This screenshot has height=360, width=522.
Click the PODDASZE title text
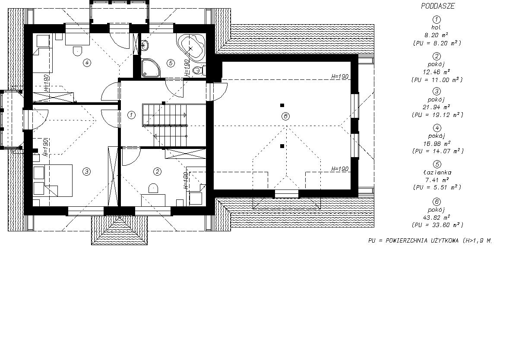tap(438, 6)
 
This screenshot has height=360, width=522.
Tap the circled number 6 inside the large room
tap(285, 116)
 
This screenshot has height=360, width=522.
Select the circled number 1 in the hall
tap(131, 115)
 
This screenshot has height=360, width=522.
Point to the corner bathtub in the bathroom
tap(192, 47)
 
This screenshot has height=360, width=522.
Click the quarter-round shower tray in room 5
tap(151, 68)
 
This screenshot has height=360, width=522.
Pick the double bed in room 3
tap(53, 180)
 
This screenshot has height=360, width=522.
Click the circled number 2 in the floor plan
tap(157, 172)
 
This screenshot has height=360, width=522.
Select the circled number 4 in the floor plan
tap(87, 63)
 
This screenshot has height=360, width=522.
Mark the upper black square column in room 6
tap(282, 105)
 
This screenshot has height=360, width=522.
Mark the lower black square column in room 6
tap(282, 146)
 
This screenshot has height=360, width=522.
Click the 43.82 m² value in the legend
tap(436, 218)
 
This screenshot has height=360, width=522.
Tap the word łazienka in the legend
tap(437, 172)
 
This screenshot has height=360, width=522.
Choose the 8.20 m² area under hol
tap(436, 35)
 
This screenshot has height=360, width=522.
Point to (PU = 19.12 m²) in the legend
tap(437, 115)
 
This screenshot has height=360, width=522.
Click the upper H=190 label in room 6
tap(340, 76)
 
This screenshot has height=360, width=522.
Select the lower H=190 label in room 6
tap(340, 169)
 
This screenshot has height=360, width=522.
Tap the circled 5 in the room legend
tap(437, 164)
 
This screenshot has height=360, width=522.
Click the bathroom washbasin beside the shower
tap(145, 45)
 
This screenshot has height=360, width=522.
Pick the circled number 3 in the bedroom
tap(86, 172)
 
